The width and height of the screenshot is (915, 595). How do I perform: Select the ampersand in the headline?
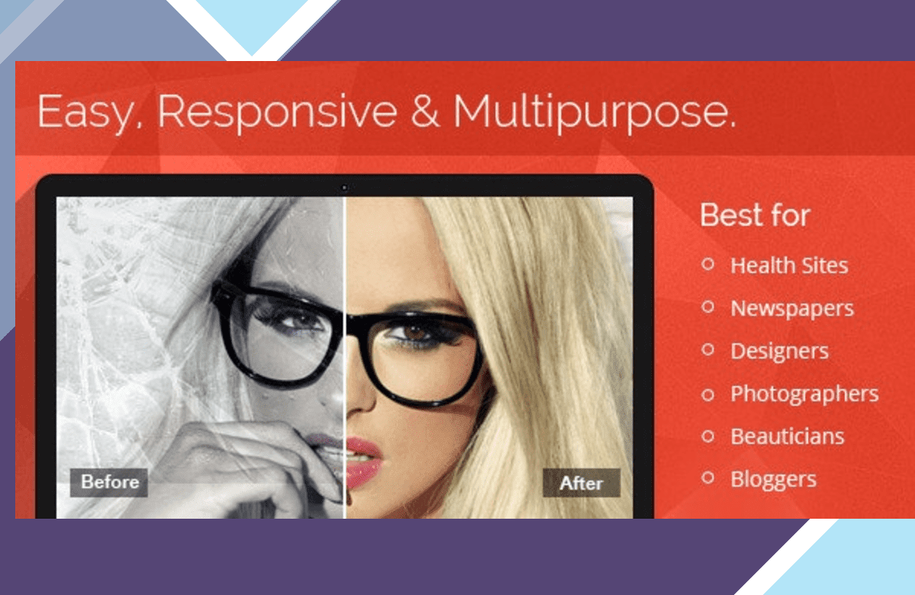(425, 111)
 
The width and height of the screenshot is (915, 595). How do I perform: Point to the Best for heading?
(755, 215)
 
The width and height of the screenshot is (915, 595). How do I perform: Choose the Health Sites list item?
(789, 265)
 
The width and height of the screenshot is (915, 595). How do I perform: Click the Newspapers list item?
(792, 309)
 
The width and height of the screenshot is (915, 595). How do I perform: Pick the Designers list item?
(779, 352)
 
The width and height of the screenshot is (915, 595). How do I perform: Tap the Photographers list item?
(804, 394)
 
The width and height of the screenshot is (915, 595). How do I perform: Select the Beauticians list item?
(787, 436)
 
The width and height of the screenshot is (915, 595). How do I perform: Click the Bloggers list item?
(773, 480)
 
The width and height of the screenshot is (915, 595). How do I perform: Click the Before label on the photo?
(109, 482)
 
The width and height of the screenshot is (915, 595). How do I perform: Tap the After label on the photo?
(581, 483)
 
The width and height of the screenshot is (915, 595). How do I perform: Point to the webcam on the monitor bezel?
(344, 188)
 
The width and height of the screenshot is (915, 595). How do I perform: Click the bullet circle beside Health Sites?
(708, 265)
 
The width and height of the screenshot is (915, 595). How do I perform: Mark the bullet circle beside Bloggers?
(708, 478)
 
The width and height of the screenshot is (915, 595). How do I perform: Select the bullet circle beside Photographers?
(708, 394)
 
